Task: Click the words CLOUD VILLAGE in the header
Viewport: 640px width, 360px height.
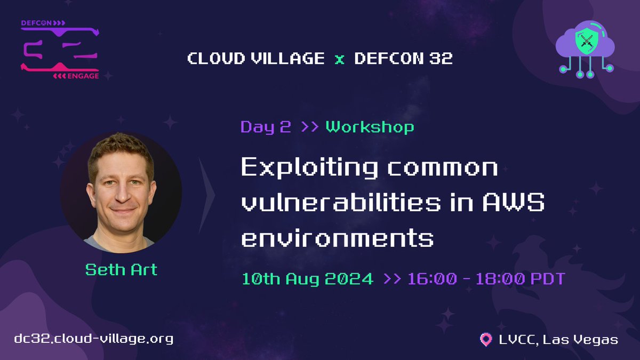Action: tap(255, 58)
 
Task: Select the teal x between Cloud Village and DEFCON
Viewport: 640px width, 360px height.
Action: tap(339, 59)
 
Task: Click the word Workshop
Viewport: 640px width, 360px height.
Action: tap(370, 127)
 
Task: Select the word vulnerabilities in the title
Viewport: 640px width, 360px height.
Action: tap(341, 203)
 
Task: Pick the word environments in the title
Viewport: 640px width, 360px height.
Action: tap(337, 237)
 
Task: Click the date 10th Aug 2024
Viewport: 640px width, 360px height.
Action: tap(308, 278)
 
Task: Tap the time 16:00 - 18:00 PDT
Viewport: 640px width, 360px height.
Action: tap(485, 278)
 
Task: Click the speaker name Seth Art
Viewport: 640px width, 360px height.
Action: tap(122, 269)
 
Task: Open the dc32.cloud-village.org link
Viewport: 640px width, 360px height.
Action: tap(94, 339)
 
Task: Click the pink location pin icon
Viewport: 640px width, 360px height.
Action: tap(485, 339)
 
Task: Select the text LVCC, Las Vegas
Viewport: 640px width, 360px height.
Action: tap(557, 339)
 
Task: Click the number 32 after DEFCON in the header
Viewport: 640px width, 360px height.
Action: tap(440, 58)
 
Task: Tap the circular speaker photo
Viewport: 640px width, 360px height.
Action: tap(121, 190)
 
